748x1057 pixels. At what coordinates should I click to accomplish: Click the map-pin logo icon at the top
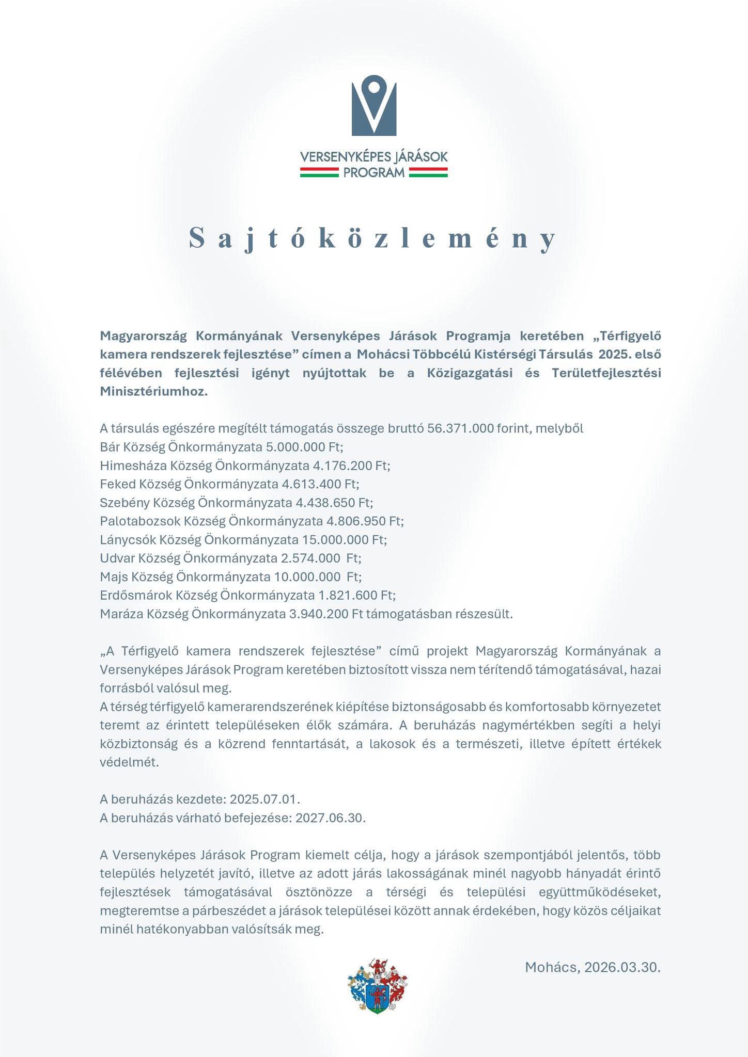374,105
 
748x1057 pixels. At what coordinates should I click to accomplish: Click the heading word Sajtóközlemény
373,238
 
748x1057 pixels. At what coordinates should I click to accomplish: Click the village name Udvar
117,558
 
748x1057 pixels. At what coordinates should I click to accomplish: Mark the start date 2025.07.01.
264,799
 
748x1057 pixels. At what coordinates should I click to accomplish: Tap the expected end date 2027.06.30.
330,818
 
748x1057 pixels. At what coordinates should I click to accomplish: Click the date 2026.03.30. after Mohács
622,967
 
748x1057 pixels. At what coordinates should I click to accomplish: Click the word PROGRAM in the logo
374,172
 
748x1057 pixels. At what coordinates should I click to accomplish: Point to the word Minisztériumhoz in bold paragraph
153,391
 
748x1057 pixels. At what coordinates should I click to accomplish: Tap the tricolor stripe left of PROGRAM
319,172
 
